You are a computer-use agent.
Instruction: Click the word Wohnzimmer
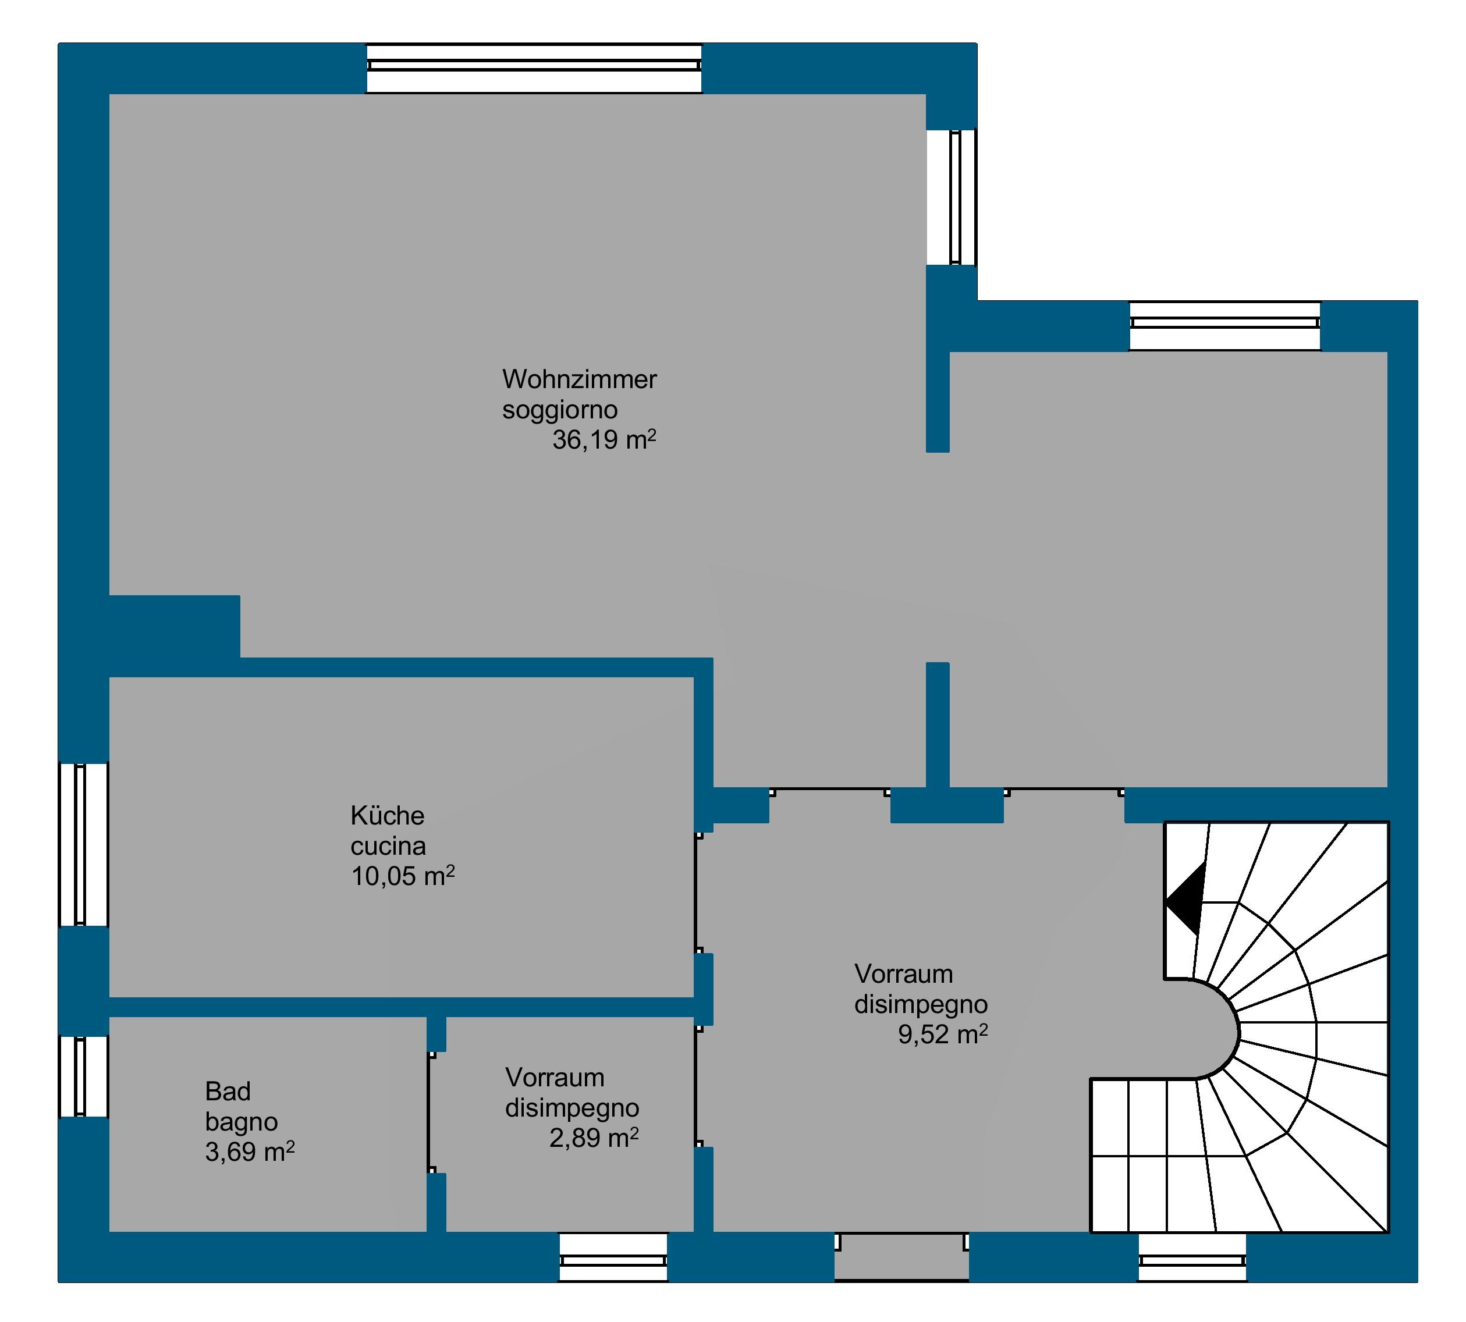tap(579, 379)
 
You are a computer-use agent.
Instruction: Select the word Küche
tap(387, 816)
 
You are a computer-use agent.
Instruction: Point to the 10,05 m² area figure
tap(403, 876)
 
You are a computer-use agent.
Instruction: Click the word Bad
tap(228, 1091)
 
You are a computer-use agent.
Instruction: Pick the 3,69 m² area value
tap(250, 1152)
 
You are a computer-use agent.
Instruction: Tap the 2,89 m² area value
tap(594, 1138)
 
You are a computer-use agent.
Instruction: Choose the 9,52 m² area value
tap(942, 1035)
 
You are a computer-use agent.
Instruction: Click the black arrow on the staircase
tap(1185, 899)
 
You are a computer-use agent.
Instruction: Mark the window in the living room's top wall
tap(534, 68)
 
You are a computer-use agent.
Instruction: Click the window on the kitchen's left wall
tap(84, 845)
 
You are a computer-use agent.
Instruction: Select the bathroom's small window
tap(84, 1076)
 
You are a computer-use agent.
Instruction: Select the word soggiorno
tap(560, 410)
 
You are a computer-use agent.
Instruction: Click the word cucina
tap(388, 846)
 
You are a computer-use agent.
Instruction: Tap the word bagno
tap(241, 1123)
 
